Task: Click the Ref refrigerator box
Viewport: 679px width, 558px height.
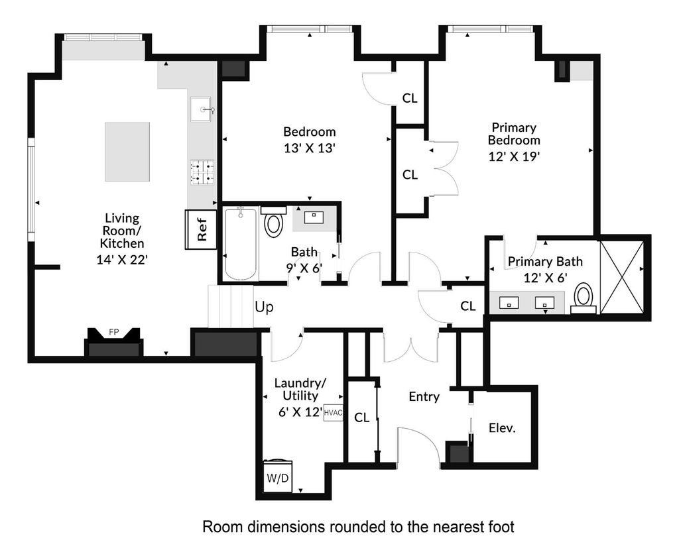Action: pyautogui.click(x=201, y=229)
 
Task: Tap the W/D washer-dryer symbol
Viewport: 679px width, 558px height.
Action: pyautogui.click(x=278, y=476)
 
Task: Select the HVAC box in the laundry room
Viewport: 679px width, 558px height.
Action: pyautogui.click(x=333, y=413)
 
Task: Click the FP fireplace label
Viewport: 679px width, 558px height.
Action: pyautogui.click(x=113, y=332)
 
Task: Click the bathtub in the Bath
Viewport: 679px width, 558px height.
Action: pyautogui.click(x=240, y=245)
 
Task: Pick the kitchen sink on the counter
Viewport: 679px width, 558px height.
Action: pyautogui.click(x=200, y=109)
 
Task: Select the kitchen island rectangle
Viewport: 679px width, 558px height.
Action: pyautogui.click(x=127, y=152)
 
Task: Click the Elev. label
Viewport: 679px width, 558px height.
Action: pyautogui.click(x=503, y=428)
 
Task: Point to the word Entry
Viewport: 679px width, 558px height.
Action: pyautogui.click(x=424, y=397)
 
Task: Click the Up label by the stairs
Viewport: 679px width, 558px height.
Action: pyautogui.click(x=264, y=307)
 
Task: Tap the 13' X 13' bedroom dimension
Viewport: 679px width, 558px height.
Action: pyautogui.click(x=310, y=148)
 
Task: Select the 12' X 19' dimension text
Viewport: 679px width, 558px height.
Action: pyautogui.click(x=514, y=156)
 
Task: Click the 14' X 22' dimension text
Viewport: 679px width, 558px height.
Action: pyautogui.click(x=122, y=260)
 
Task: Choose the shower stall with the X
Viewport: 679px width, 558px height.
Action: pyautogui.click(x=621, y=277)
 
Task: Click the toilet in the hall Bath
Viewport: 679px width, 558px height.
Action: pyautogui.click(x=273, y=221)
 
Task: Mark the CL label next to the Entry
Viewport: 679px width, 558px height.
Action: pyautogui.click(x=361, y=418)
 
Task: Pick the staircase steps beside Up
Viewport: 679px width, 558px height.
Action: pyautogui.click(x=230, y=306)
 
